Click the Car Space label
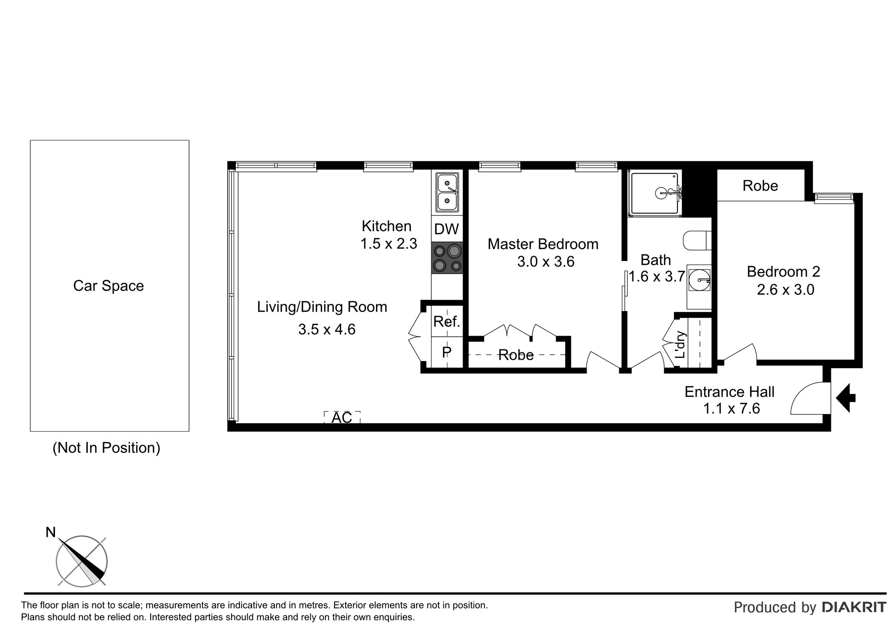point(108,286)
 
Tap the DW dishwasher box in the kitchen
point(446,229)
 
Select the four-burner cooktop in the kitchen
point(447,258)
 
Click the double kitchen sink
point(447,193)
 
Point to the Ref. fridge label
point(446,321)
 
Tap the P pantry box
point(447,352)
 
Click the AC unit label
point(342,418)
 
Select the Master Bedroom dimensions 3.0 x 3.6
point(546,262)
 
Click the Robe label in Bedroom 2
point(760,186)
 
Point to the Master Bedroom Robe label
point(516,355)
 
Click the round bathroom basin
point(698,280)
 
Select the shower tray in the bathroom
point(655,193)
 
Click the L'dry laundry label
point(680,345)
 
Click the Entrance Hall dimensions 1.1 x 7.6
point(731,408)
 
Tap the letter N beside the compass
point(51,532)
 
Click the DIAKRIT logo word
point(854,607)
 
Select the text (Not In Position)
point(106,448)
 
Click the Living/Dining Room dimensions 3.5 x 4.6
point(327,329)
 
